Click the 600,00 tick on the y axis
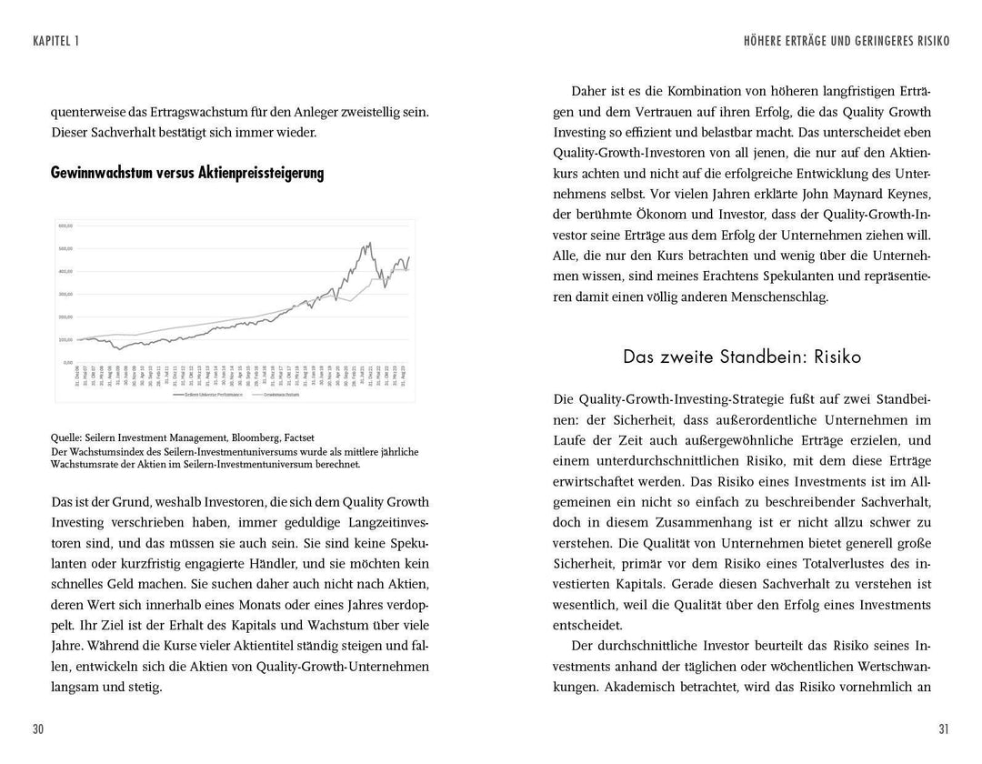[x=65, y=226]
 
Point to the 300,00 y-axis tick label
[x=65, y=294]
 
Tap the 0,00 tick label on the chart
[x=67, y=362]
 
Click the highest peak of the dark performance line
[x=368, y=243]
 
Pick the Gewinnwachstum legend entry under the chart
[x=283, y=395]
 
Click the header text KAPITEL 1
[x=55, y=41]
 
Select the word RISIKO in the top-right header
[x=927, y=41]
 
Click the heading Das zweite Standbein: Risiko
[x=742, y=357]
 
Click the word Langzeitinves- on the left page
[x=377, y=523]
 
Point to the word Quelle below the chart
[x=68, y=437]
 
